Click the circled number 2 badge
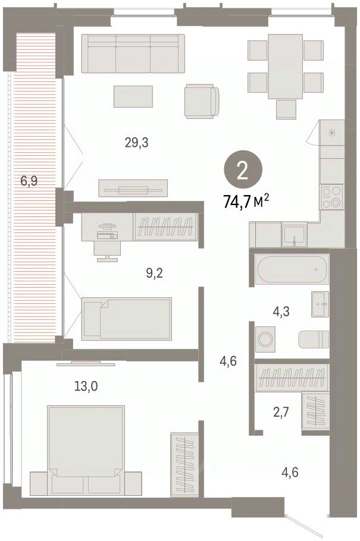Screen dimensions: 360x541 (243, 169)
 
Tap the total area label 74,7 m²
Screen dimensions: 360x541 (246, 202)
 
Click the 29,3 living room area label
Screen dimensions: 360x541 (136, 142)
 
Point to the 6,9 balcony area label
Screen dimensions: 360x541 (29, 181)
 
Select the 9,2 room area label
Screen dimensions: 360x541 (154, 273)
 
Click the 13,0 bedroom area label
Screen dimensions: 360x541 (86, 386)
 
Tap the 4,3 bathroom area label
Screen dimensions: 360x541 (281, 312)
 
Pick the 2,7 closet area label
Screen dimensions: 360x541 (281, 412)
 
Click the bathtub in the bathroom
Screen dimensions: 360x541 (292, 269)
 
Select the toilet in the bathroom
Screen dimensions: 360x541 (314, 339)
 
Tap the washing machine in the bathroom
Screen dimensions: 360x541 (265, 339)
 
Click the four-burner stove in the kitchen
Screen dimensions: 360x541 (331, 197)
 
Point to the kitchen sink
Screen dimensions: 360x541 (294, 235)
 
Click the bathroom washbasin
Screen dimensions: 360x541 (320, 304)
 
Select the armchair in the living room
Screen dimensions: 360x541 (202, 101)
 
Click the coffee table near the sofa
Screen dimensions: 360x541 (133, 96)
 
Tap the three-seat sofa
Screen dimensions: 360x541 (133, 54)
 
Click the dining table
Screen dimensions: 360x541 (286, 67)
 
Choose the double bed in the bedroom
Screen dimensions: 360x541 (86, 451)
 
